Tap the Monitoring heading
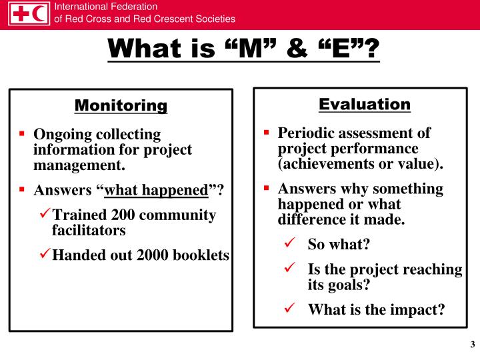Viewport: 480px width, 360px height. click(121, 105)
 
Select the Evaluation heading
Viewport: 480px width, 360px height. click(365, 104)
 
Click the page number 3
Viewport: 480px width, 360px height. click(472, 345)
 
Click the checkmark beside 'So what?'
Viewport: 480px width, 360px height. click(289, 244)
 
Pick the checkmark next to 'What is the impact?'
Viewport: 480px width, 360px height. click(289, 309)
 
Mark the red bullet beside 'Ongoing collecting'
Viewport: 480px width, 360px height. click(22, 134)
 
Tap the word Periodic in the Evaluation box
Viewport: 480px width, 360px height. click(304, 133)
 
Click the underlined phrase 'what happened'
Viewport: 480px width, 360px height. click(157, 191)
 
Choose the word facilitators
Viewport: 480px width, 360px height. click(89, 231)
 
